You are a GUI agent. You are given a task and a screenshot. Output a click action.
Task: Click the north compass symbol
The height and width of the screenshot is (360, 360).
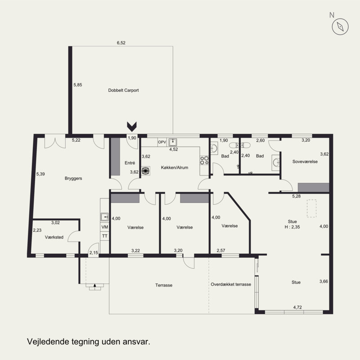click(x=340, y=27)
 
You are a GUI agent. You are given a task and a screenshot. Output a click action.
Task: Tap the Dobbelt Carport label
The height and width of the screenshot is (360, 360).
click(x=123, y=90)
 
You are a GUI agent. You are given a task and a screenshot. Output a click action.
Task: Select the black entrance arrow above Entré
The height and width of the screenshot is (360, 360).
click(x=132, y=126)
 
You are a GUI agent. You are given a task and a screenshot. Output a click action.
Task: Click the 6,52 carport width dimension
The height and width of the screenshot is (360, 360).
click(x=121, y=43)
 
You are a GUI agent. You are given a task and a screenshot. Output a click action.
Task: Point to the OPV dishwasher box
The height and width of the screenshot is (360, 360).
click(x=162, y=142)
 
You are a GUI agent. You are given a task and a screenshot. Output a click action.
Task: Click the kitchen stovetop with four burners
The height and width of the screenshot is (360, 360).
click(x=204, y=160)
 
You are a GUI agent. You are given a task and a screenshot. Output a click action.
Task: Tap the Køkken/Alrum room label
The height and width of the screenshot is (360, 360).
click(x=175, y=167)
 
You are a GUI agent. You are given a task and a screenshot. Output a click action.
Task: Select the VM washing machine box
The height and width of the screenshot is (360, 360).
click(x=105, y=227)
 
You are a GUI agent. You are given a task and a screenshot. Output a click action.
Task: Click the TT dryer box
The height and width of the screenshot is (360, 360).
click(x=105, y=236)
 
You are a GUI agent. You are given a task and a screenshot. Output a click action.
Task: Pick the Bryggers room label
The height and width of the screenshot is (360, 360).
click(x=73, y=178)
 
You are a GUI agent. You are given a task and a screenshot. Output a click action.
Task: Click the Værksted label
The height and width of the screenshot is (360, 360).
click(x=54, y=237)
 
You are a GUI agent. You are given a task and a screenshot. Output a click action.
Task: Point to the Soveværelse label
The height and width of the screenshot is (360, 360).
click(x=305, y=162)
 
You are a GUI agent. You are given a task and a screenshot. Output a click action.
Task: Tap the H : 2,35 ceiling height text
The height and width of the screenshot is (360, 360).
click(x=292, y=227)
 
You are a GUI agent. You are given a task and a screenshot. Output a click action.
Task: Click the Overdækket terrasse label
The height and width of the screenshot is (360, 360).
click(x=231, y=284)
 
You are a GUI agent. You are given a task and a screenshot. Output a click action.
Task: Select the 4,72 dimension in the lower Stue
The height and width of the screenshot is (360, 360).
click(x=297, y=307)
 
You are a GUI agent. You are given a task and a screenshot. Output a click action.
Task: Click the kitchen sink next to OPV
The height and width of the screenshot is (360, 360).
click(x=173, y=142)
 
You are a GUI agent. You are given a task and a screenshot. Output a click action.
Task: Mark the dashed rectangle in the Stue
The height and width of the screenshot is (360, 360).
click(x=311, y=208)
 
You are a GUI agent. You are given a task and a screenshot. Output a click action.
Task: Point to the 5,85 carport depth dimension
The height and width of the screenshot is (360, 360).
click(x=77, y=85)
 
